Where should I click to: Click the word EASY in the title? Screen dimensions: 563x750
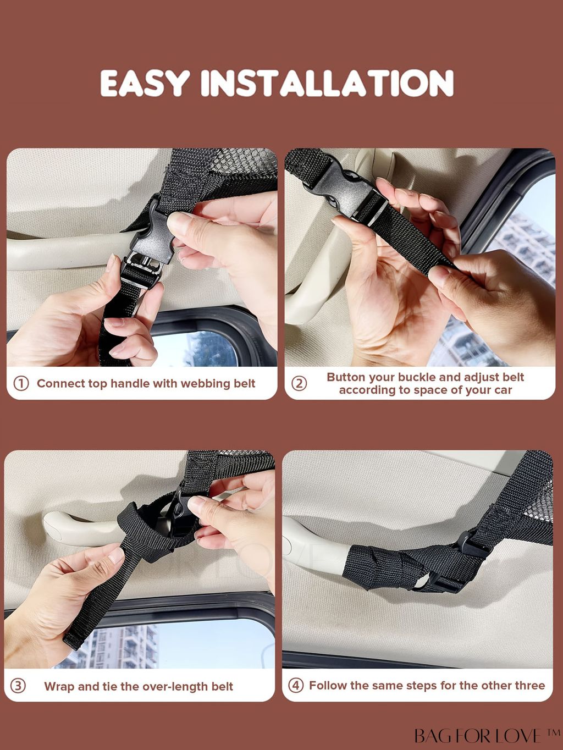coord(145,83)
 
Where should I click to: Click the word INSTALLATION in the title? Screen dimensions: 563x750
coord(327,83)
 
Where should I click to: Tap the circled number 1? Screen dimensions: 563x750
coord(21,383)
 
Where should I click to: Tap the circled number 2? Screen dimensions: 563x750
coord(299,383)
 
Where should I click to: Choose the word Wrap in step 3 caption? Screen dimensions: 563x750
coord(59,687)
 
